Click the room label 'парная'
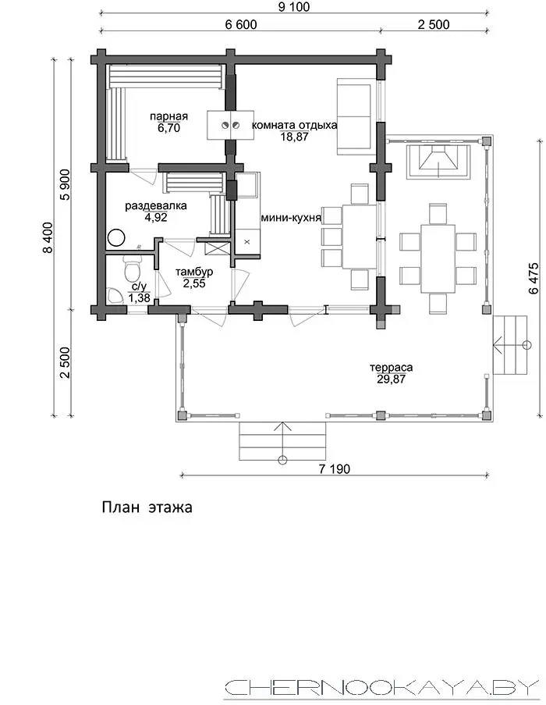point(168,116)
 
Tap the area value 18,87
point(295,137)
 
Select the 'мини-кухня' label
point(291,218)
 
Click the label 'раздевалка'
point(156,206)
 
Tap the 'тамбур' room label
point(194,272)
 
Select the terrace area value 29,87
point(392,379)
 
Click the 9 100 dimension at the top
point(294,7)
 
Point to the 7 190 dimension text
point(335,469)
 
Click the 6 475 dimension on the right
point(534,278)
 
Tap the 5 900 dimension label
point(66,184)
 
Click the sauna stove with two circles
point(230,125)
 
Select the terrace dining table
point(438,258)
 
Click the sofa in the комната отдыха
point(355,116)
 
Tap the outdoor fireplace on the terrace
point(438,161)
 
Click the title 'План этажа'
point(147,507)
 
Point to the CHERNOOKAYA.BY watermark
point(381,689)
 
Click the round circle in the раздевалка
point(116,237)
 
